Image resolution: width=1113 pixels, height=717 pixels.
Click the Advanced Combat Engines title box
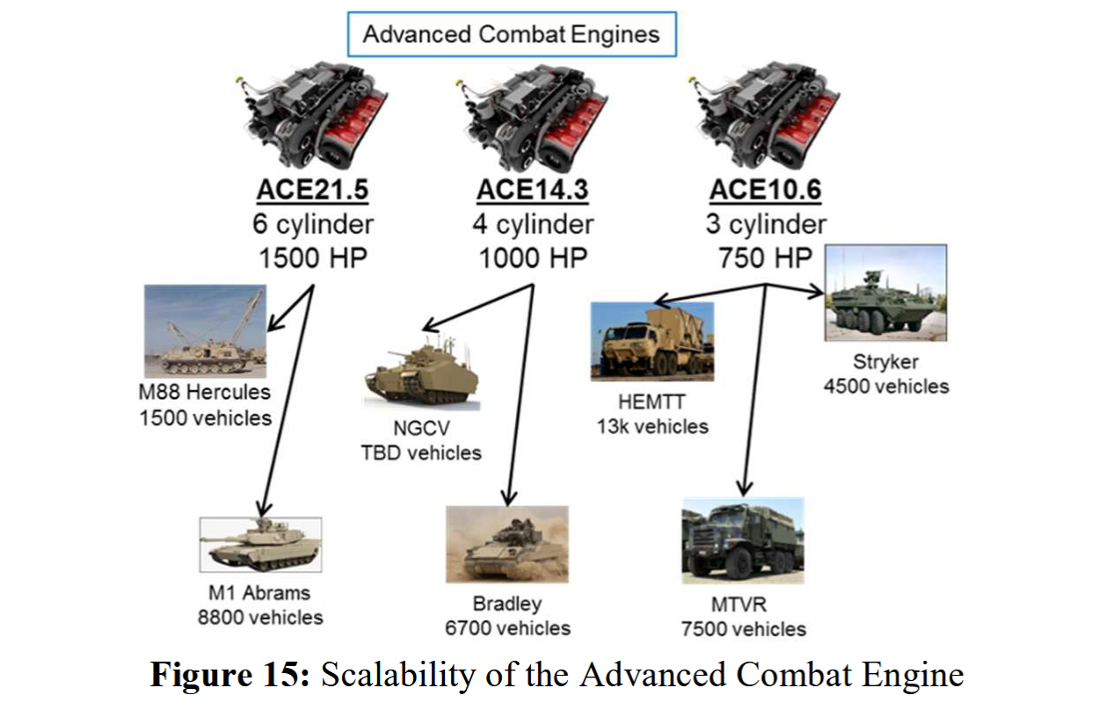[512, 35]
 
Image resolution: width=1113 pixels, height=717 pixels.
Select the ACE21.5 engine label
[312, 190]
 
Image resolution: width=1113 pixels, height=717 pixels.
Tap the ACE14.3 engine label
[533, 190]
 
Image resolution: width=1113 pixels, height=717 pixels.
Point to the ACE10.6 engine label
[766, 190]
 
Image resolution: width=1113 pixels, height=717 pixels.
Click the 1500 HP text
[312, 259]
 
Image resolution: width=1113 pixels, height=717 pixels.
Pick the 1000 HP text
[533, 259]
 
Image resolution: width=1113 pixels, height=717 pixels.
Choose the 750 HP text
[766, 259]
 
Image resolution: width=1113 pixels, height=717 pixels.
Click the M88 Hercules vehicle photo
[205, 331]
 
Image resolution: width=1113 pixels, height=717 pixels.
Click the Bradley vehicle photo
[507, 545]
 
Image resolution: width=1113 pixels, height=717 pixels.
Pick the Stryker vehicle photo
[885, 293]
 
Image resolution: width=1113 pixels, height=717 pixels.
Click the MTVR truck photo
[743, 540]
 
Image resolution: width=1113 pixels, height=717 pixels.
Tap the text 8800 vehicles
[260, 618]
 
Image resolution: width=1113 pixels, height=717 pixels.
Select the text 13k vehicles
[651, 427]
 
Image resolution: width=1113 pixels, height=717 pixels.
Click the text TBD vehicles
[421, 453]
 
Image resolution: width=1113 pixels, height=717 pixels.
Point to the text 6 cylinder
[312, 225]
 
